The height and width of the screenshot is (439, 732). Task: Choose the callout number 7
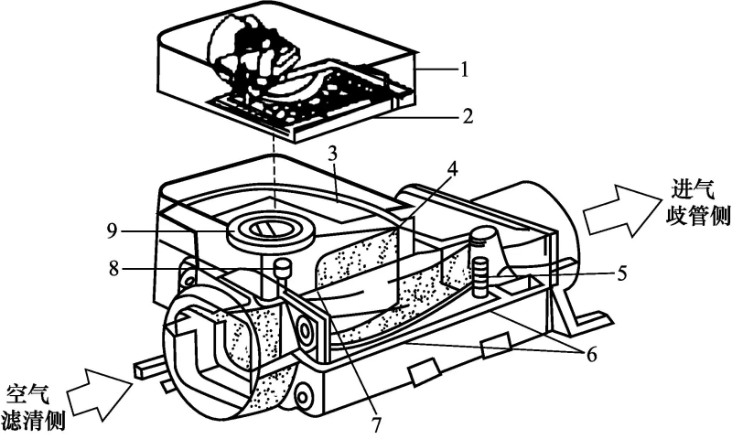tap(374, 424)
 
